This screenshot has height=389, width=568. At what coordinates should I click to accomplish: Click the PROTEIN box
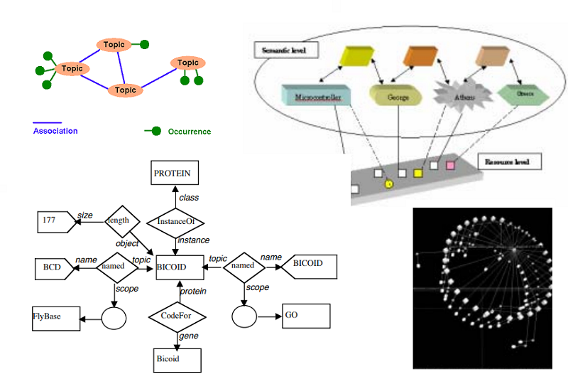tap(174, 173)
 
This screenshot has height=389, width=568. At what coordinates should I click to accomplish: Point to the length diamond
tap(118, 220)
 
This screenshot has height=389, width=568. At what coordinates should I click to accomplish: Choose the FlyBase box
tap(55, 316)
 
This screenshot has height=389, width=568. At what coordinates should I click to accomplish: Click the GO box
tap(305, 315)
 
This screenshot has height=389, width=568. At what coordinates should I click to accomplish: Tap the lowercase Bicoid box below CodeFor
tap(177, 359)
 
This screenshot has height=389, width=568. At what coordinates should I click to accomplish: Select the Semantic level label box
tap(286, 50)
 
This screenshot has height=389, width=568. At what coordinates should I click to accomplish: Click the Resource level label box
tap(509, 162)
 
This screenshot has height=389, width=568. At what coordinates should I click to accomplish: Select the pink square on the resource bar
tap(450, 166)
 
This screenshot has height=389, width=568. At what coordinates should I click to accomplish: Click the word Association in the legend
tap(55, 131)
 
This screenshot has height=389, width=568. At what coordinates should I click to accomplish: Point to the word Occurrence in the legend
tap(190, 132)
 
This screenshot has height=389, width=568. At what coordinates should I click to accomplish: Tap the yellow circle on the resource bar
tap(389, 184)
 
